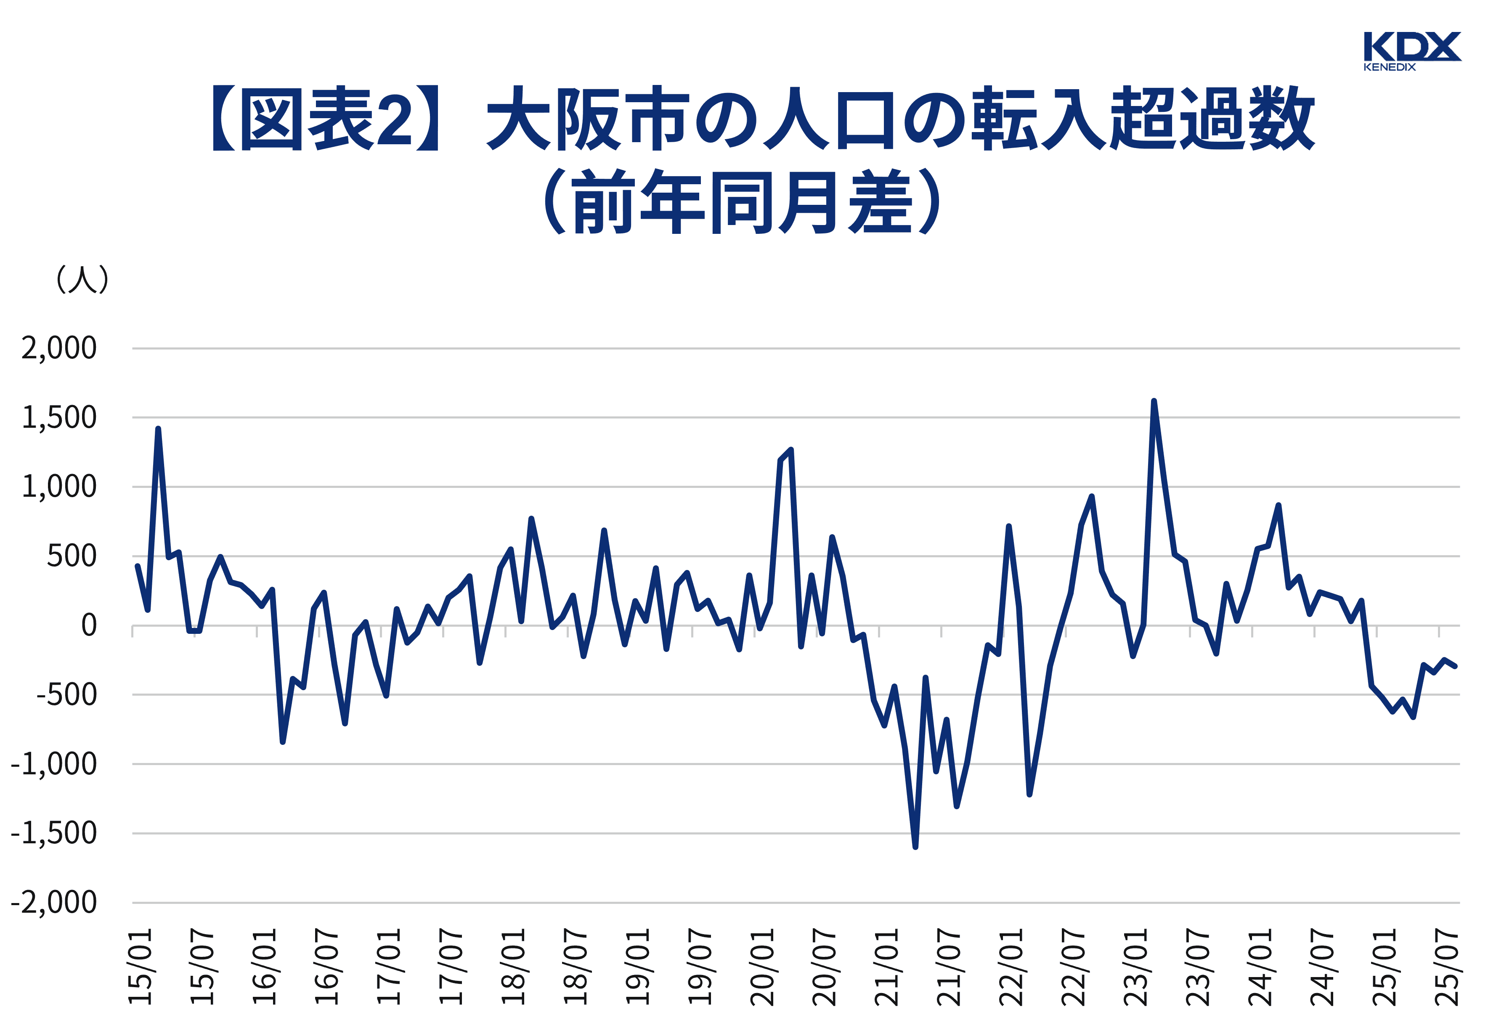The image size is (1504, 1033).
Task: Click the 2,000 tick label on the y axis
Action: [x=59, y=349]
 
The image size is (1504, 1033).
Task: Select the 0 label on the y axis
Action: [x=89, y=626]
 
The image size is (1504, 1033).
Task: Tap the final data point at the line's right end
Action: [x=1455, y=666]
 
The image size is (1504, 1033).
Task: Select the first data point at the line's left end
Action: [x=137, y=566]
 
